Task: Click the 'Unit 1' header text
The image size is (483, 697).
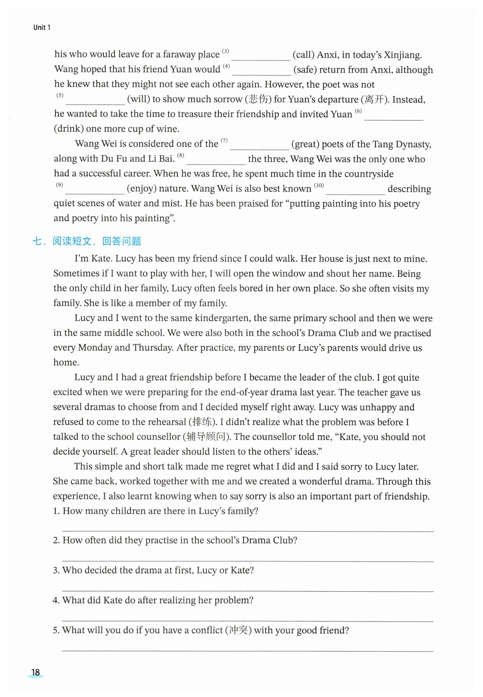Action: pos(42,28)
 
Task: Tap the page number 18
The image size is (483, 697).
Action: pos(35,672)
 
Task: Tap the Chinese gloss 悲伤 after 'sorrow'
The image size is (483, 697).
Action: pos(258,99)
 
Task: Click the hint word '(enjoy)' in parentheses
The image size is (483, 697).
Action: pos(141,188)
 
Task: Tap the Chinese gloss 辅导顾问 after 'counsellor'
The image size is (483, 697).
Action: pos(206,437)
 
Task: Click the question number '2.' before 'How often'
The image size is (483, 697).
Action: pos(57,540)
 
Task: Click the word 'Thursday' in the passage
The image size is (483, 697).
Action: pos(153,347)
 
